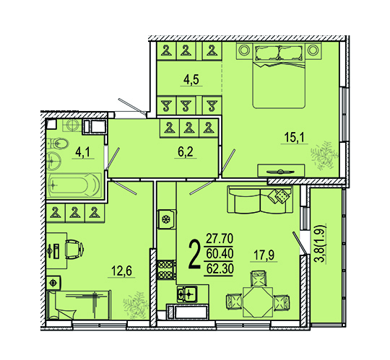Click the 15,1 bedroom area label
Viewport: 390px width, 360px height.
point(294,137)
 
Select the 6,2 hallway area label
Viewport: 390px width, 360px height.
point(186,152)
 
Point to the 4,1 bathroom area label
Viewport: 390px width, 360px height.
point(83,152)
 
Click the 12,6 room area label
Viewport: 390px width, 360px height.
point(121,271)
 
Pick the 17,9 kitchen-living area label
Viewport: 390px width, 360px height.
point(265,255)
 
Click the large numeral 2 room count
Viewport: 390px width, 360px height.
point(194,255)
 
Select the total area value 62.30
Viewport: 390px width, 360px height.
point(219,269)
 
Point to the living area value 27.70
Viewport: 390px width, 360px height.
point(220,239)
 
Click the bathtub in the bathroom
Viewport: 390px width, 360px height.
point(74,185)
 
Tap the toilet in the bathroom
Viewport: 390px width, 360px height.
point(58,144)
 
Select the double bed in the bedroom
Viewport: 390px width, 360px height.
point(279,76)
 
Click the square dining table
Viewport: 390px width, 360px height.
point(258,302)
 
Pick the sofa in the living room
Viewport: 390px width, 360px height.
point(260,200)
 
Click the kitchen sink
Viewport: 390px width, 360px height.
point(188,294)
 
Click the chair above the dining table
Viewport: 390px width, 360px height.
point(258,278)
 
